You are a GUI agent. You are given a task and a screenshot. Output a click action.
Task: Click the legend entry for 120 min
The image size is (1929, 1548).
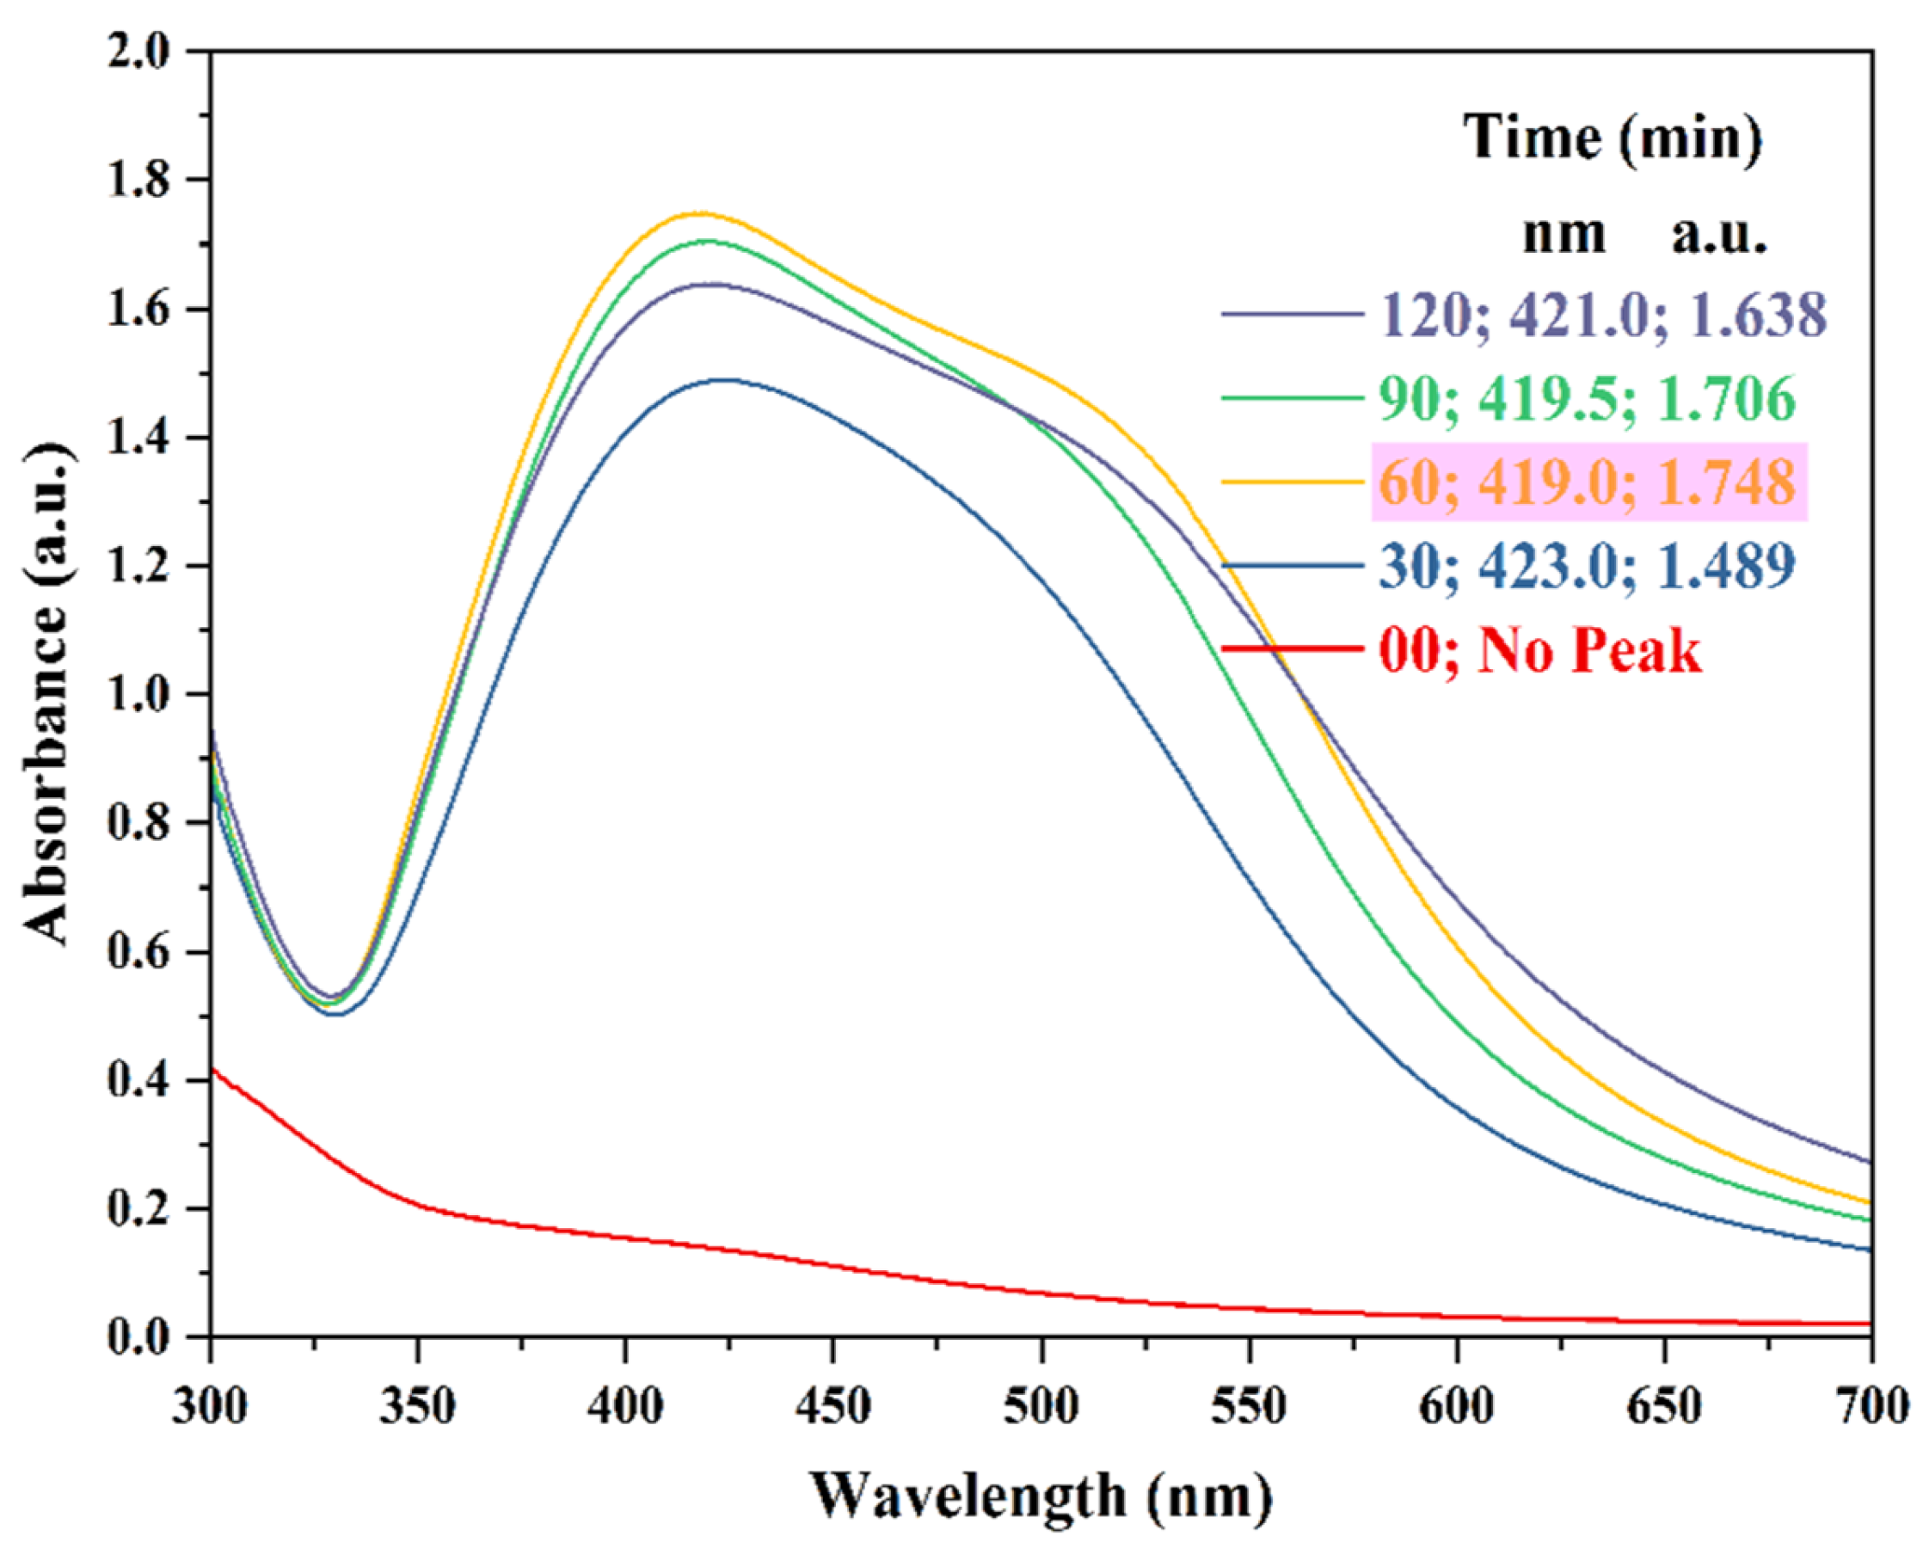[1601, 315]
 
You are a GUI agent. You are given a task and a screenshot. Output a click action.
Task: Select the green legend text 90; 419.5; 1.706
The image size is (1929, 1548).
[1587, 398]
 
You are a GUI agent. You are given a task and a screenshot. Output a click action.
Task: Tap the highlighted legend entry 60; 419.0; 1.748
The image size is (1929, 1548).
[1588, 482]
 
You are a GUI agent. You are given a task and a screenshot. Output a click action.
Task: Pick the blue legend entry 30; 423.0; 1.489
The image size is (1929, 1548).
[1587, 566]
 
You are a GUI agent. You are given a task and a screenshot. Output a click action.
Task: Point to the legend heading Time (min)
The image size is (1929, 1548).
[1612, 138]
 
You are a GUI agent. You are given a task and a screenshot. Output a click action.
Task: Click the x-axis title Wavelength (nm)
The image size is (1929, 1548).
[1041, 1495]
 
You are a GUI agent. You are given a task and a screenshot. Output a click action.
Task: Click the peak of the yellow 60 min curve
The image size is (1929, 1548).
[701, 213]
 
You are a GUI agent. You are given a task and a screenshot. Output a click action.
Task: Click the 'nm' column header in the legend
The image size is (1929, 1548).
[1564, 235]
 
